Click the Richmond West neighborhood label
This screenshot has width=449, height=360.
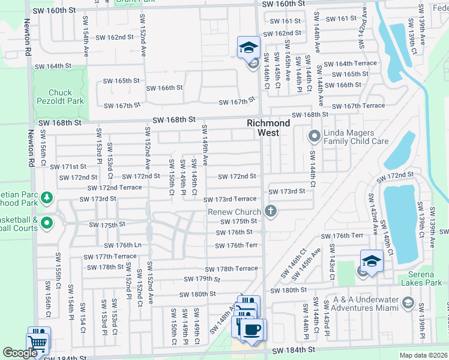click(x=268, y=127)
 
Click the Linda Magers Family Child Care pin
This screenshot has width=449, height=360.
click(x=313, y=137)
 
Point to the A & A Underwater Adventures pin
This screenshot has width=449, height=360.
click(x=408, y=301)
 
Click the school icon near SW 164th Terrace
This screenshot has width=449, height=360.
click(x=248, y=49)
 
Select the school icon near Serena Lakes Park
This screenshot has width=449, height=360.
click(x=372, y=262)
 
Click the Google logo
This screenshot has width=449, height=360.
click(x=20, y=353)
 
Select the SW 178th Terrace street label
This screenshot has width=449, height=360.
click(x=231, y=269)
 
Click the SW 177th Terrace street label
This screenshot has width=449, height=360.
click(x=112, y=256)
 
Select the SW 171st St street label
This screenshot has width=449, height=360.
click(x=68, y=167)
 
